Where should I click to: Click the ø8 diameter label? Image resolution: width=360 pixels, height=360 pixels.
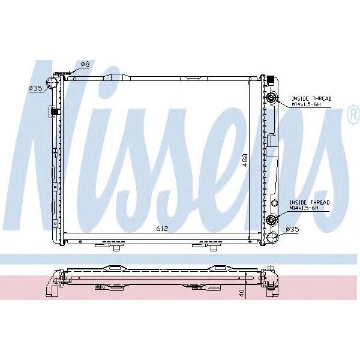[x=85, y=64]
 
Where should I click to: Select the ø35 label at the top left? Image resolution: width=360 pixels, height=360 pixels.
[x=36, y=88]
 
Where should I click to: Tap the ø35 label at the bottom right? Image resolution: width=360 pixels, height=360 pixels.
[x=292, y=229]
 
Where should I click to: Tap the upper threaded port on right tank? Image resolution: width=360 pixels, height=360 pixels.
[x=272, y=98]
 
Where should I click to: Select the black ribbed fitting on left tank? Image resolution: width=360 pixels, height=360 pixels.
[x=54, y=111]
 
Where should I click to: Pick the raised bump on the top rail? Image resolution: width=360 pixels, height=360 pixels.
[x=193, y=78]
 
